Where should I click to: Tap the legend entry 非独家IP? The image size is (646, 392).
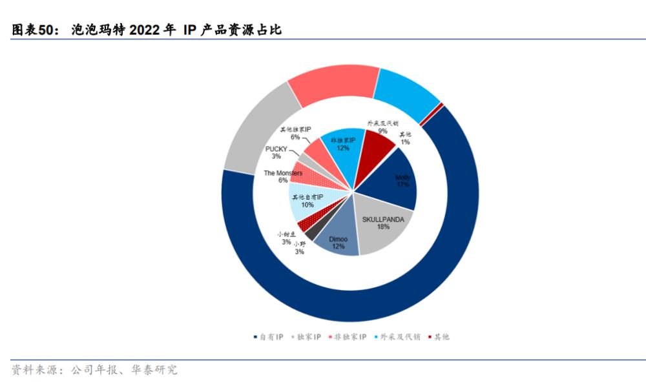pos(350,337)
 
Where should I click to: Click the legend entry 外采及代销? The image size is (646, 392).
pos(399,337)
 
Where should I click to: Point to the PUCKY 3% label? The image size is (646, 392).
pos(276,152)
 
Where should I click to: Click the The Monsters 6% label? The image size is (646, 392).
pos(283,176)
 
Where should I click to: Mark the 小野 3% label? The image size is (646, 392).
pos(300,247)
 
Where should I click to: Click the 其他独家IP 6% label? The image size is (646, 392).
pos(295,133)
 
